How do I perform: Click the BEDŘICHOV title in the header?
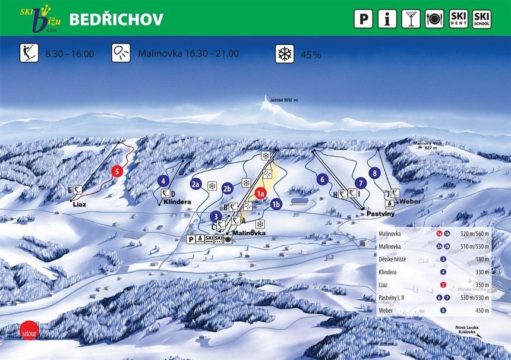pos(116,19)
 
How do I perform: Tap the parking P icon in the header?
pos(364,19)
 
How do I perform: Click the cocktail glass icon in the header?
pos(410,19)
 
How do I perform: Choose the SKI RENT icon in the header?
pos(458,19)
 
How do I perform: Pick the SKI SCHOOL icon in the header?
pos(481,19)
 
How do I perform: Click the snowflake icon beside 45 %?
pos(284,54)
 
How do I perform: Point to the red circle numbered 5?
pos(117,171)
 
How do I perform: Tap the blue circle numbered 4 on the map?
pos(164,181)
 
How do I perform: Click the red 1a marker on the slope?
pos(260,193)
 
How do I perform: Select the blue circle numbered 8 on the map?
pos(374,173)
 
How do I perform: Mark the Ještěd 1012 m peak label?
pos(283,100)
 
